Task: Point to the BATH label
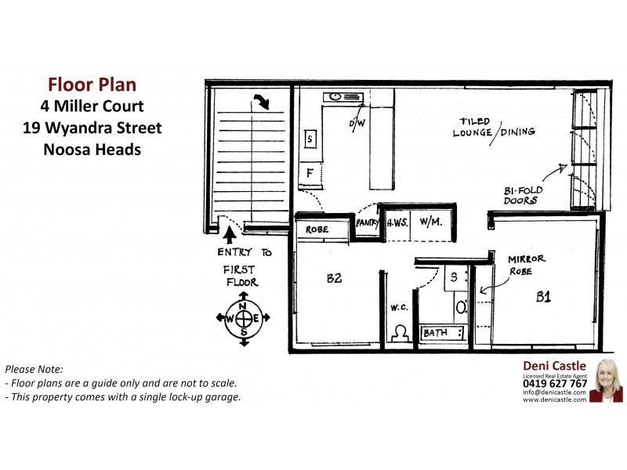[x=436, y=334]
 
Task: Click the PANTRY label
[x=367, y=222]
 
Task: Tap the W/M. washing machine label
[x=431, y=222]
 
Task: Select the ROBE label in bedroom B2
[x=317, y=230]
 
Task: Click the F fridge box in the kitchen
[x=310, y=172]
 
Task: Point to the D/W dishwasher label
[x=357, y=124]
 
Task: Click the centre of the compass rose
[x=243, y=318]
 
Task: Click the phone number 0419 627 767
[x=555, y=384]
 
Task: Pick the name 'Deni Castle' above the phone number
[x=554, y=366]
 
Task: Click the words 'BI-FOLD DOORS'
[x=524, y=195]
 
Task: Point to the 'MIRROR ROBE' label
[x=526, y=265]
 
